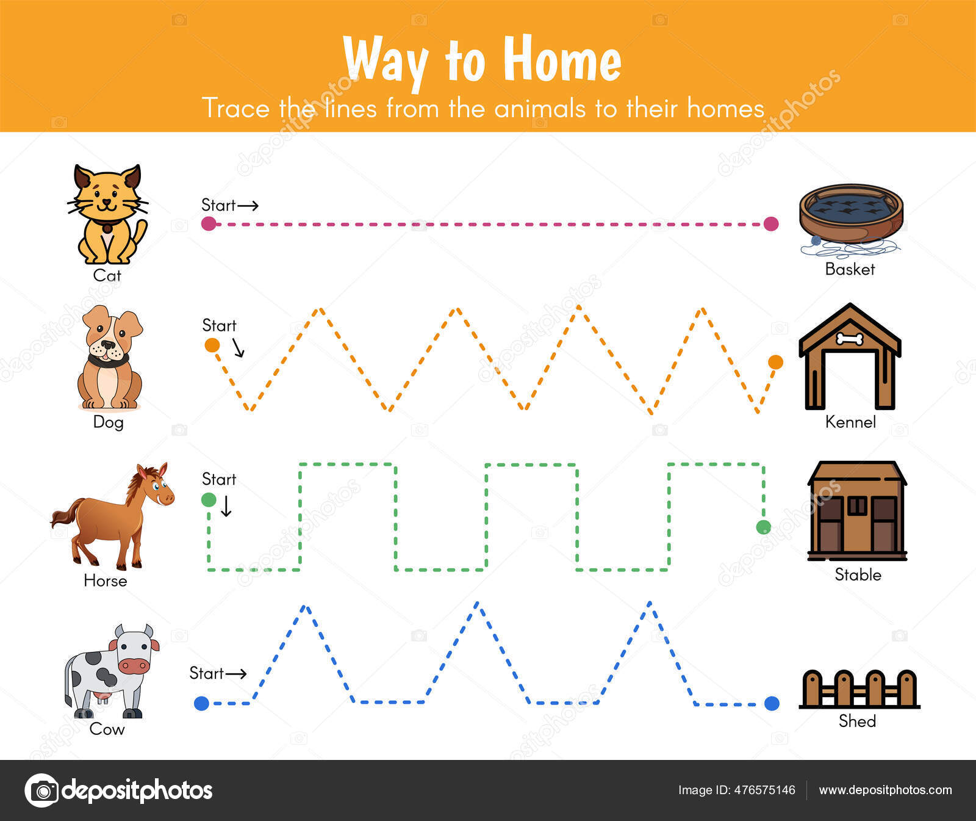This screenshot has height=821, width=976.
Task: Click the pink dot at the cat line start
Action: click(x=209, y=223)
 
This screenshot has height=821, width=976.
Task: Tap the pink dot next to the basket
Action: click(x=771, y=223)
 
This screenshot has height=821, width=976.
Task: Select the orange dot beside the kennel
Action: click(x=775, y=362)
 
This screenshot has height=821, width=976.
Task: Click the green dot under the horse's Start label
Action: click(x=209, y=500)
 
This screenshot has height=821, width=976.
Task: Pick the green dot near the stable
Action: click(x=763, y=527)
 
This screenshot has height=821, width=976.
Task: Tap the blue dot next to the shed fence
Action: click(x=772, y=703)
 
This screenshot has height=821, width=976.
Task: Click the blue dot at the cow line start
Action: click(x=201, y=703)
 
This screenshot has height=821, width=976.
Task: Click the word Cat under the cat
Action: click(x=107, y=275)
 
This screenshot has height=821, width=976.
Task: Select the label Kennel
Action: click(x=850, y=422)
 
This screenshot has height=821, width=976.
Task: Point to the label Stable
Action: click(x=858, y=574)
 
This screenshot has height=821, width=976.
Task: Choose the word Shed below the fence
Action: click(x=857, y=721)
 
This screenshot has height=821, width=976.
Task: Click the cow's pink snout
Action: click(x=132, y=665)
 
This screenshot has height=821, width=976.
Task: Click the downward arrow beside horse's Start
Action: click(x=226, y=506)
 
